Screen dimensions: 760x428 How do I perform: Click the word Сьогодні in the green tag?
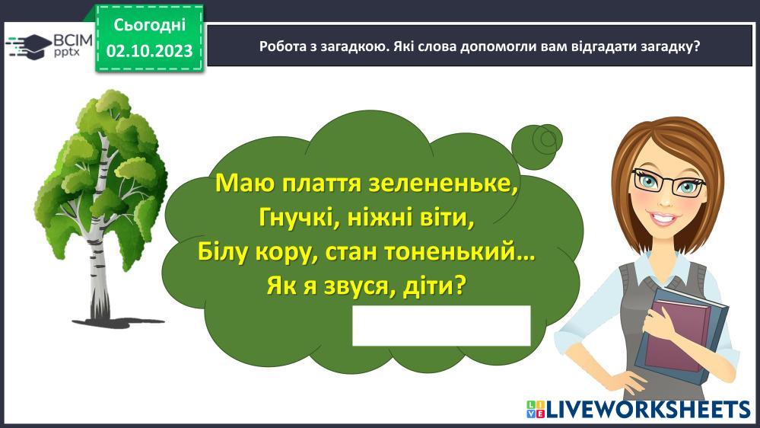point(149,24)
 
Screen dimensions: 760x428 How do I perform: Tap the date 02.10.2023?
point(149,51)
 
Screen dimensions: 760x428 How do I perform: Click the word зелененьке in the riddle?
point(443,184)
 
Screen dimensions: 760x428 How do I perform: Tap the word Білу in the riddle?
point(222,252)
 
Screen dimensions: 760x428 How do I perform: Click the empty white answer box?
point(441,326)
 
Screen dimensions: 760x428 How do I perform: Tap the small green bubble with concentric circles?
point(537,146)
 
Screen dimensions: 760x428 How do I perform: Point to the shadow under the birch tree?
point(118,322)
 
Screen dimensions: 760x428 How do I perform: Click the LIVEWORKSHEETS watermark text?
point(648,409)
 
